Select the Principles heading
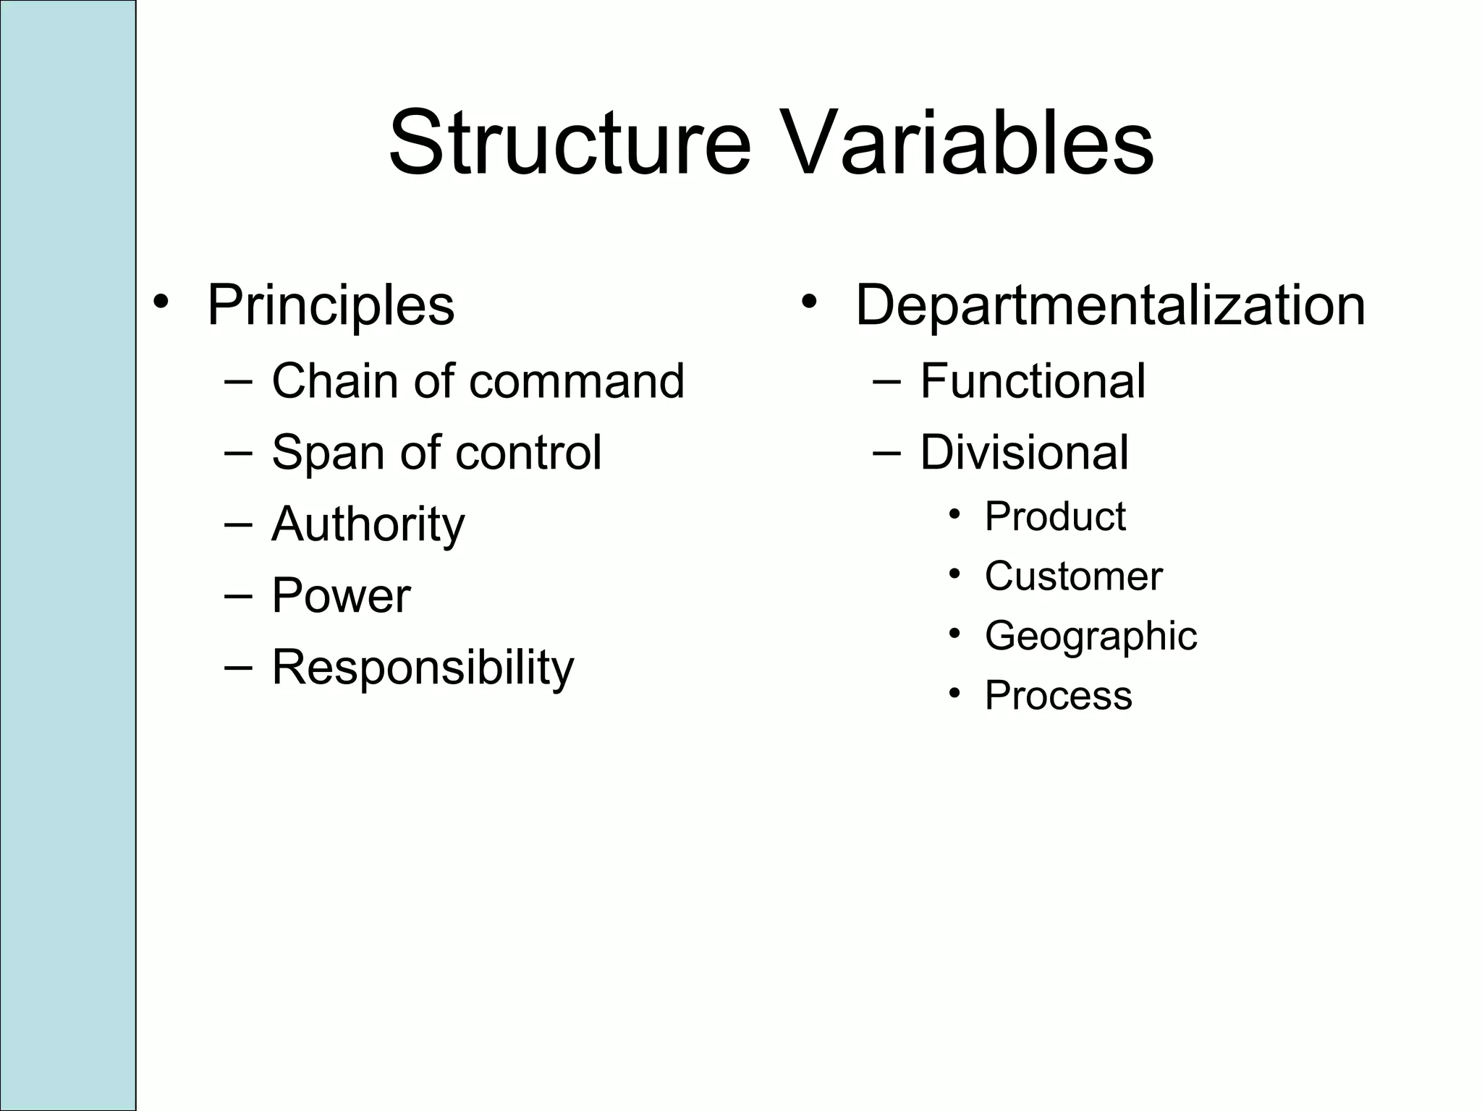pyautogui.click(x=331, y=305)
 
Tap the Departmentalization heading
pyautogui.click(x=1110, y=305)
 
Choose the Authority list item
pyautogui.click(x=368, y=524)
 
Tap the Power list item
pyautogui.click(x=341, y=596)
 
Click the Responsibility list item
pyautogui.click(x=423, y=668)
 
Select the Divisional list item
pyautogui.click(x=1024, y=453)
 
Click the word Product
pyautogui.click(x=1055, y=516)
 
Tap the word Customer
pyautogui.click(x=1073, y=576)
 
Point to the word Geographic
pyautogui.click(x=1091, y=636)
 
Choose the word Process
pyautogui.click(x=1058, y=695)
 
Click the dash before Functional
pyautogui.click(x=886, y=381)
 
